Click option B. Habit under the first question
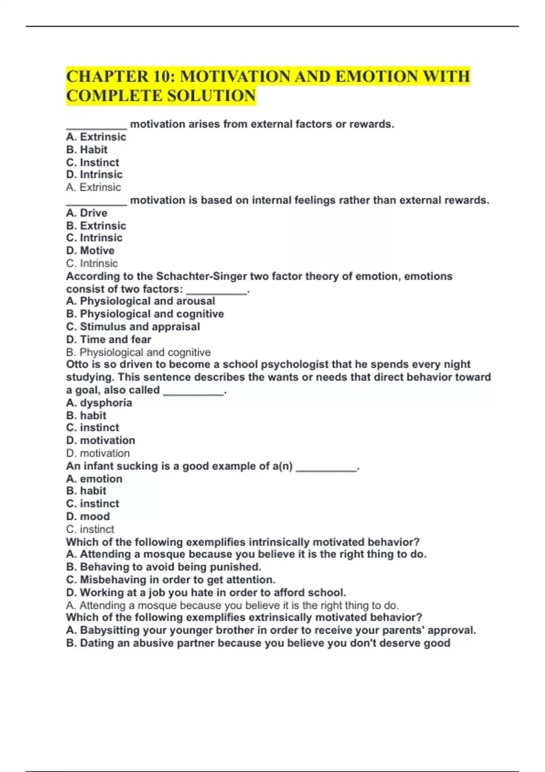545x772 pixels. click(x=87, y=149)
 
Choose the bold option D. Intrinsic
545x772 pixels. click(x=94, y=174)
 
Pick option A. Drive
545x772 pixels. click(x=87, y=213)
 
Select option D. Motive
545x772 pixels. click(x=90, y=250)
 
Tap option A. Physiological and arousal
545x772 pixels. click(x=140, y=301)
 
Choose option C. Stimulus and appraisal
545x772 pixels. click(x=133, y=327)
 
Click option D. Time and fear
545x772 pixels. click(x=109, y=339)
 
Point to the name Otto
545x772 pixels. click(x=76, y=364)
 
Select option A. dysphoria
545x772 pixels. click(x=99, y=402)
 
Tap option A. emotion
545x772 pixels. click(x=94, y=479)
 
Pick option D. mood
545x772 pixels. click(x=88, y=516)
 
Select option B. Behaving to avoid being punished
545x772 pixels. click(x=163, y=567)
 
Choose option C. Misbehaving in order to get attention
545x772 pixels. click(x=171, y=579)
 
